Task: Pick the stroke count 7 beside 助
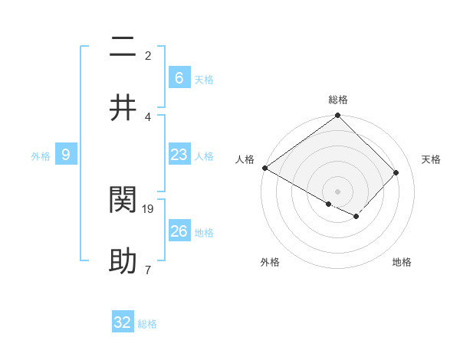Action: click(147, 270)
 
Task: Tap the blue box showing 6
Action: click(179, 78)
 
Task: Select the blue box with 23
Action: click(179, 155)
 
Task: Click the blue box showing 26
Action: click(179, 231)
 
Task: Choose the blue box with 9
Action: click(66, 155)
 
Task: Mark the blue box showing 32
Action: click(123, 322)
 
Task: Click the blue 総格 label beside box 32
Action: click(147, 324)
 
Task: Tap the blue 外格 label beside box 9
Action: click(41, 156)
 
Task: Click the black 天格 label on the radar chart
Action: click(432, 159)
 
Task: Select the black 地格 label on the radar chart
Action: click(402, 262)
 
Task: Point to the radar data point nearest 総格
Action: click(337, 116)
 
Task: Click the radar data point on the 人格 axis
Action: click(264, 168)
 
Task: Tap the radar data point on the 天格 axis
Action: click(396, 172)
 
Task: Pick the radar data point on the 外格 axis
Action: click(329, 204)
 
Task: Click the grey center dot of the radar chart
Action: click(337, 191)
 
